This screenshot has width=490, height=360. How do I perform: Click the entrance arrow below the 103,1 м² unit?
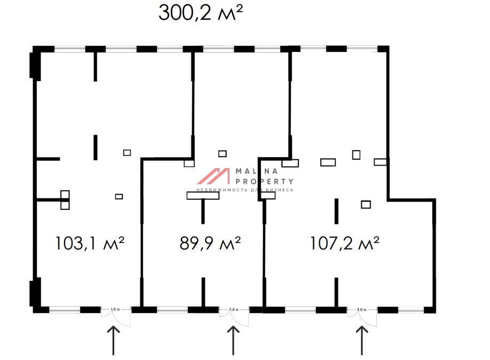pos(114,341)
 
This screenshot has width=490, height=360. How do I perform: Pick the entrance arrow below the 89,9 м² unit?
pos(233,341)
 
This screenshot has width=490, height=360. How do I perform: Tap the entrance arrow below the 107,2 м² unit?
pos(362,341)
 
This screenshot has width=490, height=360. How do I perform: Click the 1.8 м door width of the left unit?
pos(115,309)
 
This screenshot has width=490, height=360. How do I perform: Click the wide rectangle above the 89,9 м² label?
pos(203,195)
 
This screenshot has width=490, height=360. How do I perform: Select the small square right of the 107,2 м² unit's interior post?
pos(366,204)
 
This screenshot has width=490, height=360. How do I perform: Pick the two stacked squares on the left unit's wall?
pos(65,200)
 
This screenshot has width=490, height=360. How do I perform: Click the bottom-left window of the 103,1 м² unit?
pos(65,309)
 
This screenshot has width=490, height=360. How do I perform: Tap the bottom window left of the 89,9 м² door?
pos(172,309)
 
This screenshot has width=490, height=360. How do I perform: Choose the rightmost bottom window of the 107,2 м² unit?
pos(411,309)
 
